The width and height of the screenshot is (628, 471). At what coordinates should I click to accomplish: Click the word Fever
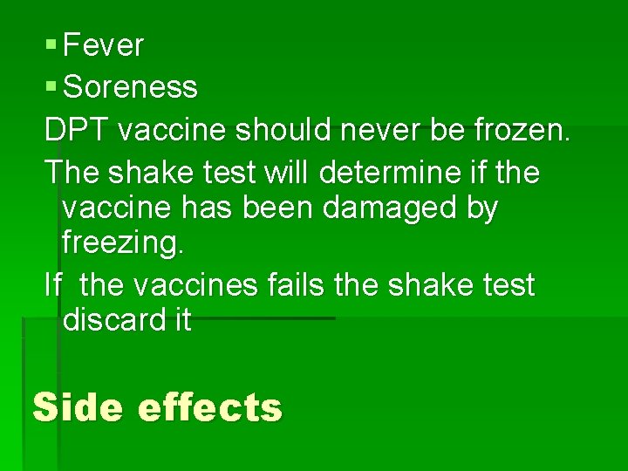pos(104,45)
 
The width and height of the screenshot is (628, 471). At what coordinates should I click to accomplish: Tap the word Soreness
pos(131,87)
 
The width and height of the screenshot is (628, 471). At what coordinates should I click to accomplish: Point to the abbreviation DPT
pos(77,130)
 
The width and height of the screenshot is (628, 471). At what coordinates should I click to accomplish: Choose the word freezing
pos(123,244)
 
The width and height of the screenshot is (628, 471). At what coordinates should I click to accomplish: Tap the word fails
pos(309,284)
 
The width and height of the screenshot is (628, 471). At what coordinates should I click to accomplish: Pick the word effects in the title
pos(210,407)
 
